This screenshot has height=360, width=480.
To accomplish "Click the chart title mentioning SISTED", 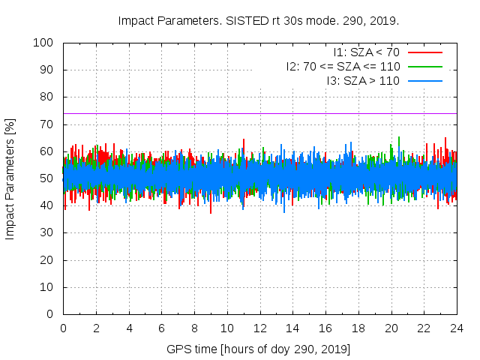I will point(259,20).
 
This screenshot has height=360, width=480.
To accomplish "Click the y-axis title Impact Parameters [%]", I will point(10,178).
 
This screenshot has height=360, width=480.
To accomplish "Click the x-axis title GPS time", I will point(259,349).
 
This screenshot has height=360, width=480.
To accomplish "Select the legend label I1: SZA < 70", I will point(367,52).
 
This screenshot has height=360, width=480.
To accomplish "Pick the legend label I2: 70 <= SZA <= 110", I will point(343,66).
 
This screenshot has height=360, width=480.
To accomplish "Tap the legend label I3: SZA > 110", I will point(363,80).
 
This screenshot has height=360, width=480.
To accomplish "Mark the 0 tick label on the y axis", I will point(52,314).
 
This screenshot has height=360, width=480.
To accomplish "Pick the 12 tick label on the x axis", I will point(259,328).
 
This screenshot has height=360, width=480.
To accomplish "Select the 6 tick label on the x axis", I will point(161,328).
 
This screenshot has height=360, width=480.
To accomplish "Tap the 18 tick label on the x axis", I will point(358,328).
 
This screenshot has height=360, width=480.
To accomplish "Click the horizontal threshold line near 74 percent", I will point(225,113).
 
